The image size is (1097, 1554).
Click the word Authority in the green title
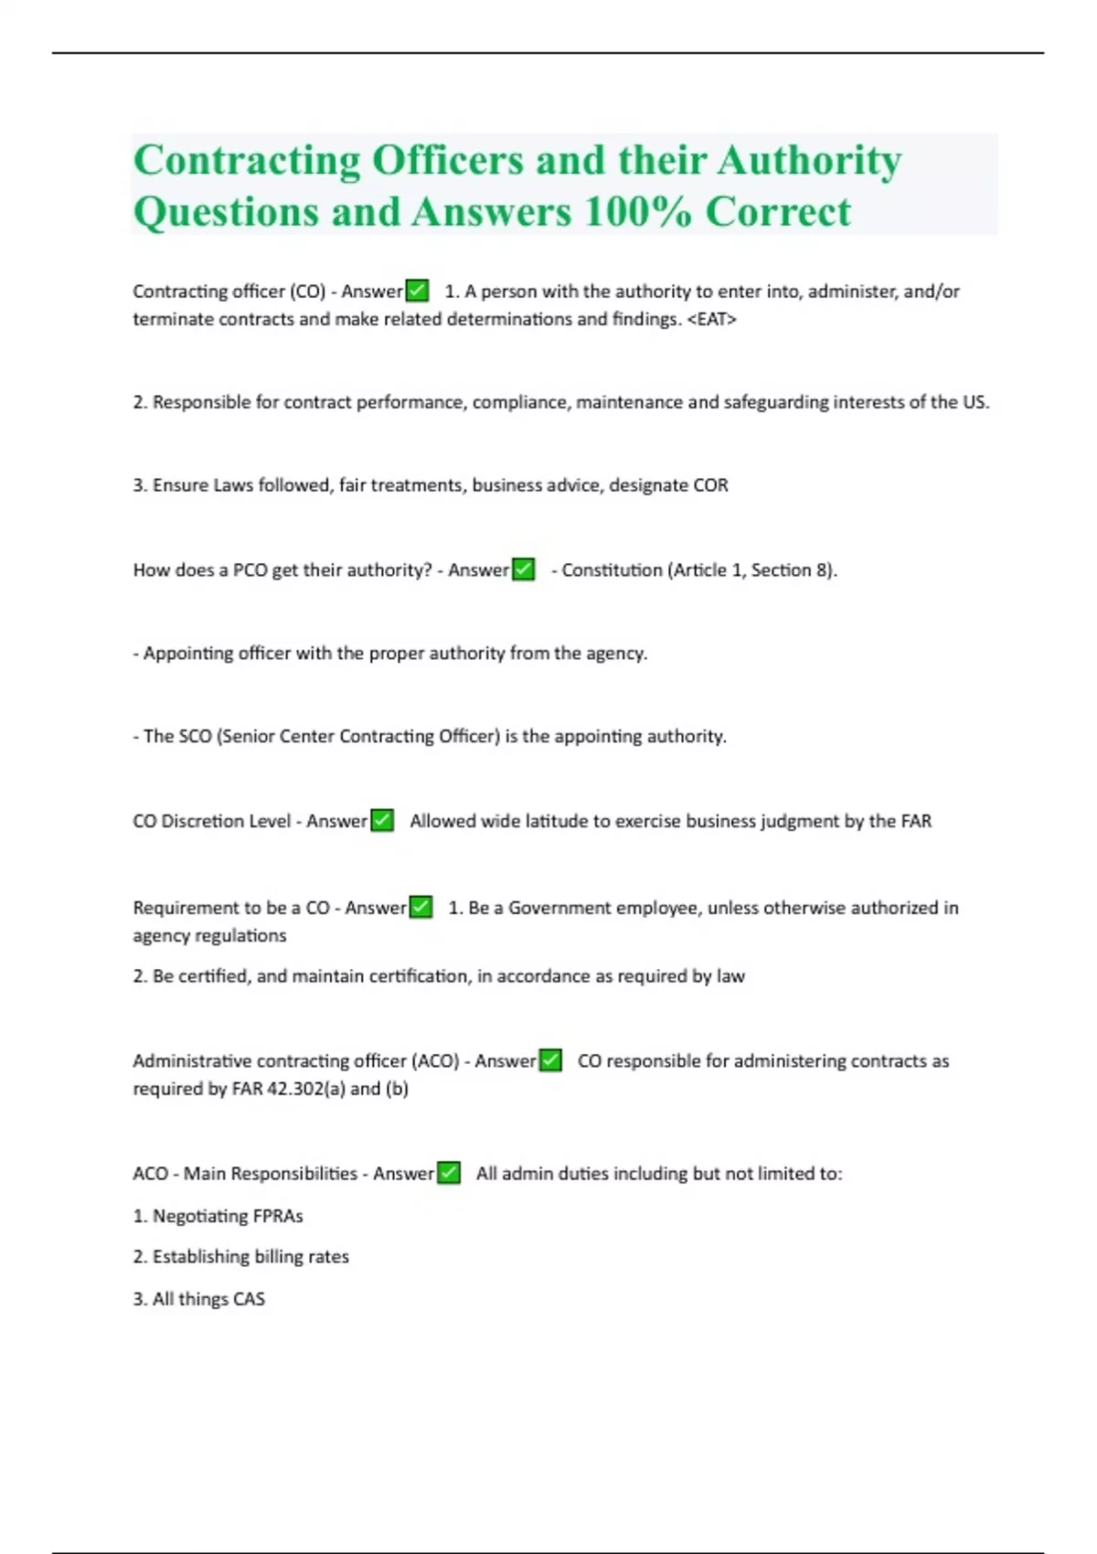coord(809,161)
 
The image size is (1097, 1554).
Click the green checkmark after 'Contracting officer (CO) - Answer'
coord(417,291)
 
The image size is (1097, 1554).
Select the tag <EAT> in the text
coord(711,319)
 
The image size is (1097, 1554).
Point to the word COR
coord(710,485)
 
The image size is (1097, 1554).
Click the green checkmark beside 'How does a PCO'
coord(523,569)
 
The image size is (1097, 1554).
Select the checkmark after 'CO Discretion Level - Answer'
coord(382,821)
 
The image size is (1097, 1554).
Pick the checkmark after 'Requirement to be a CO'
coord(421,908)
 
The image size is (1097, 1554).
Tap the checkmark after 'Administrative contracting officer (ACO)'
coord(550,1060)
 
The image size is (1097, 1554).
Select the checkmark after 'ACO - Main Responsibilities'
coord(449,1173)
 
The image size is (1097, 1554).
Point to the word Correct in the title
coord(778,212)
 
